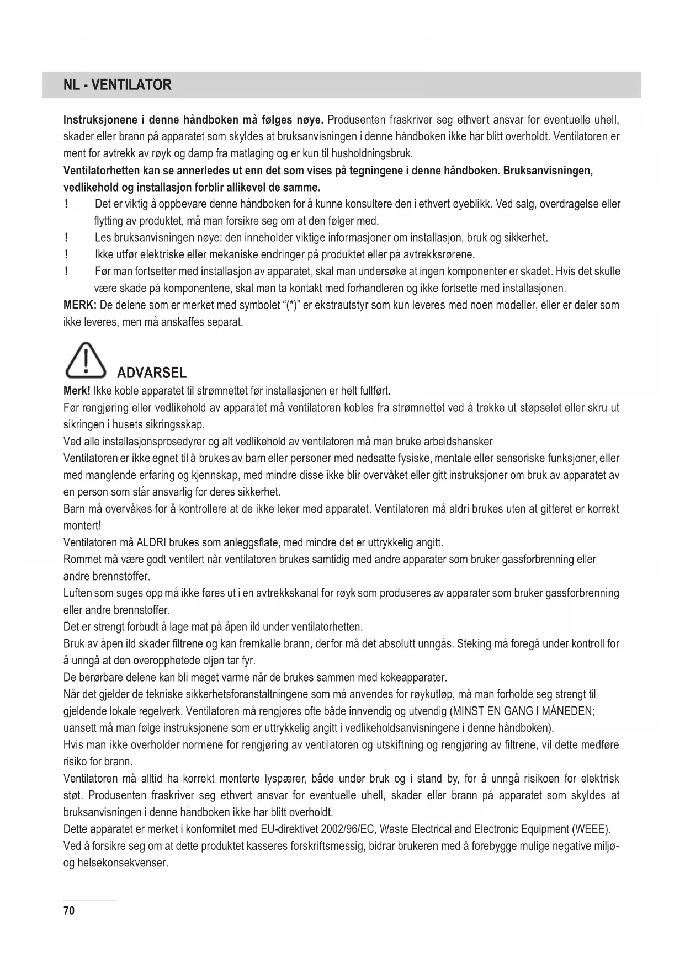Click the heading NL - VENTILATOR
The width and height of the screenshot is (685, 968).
click(117, 85)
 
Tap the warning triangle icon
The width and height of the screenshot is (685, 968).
click(86, 360)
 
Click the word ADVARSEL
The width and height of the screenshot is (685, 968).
click(152, 373)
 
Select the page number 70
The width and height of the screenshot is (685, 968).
click(69, 911)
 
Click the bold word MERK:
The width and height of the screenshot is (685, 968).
click(80, 305)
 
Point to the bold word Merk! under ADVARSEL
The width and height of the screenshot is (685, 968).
click(77, 391)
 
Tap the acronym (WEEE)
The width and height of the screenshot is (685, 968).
click(592, 829)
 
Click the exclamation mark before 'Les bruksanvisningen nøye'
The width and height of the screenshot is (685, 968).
click(66, 238)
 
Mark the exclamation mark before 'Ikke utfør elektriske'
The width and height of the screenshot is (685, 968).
click(66, 254)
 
